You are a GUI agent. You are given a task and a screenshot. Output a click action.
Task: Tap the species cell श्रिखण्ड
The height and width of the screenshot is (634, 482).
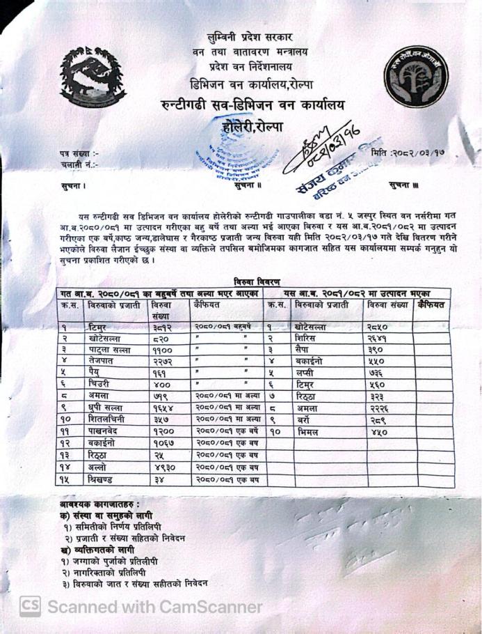105,480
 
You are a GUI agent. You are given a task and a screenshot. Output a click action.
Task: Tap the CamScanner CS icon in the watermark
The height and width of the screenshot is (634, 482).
29,606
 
